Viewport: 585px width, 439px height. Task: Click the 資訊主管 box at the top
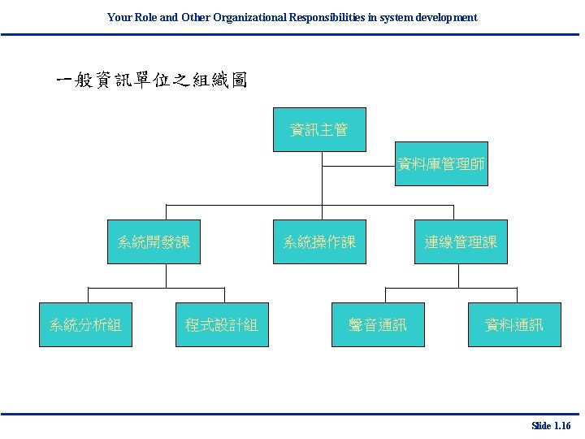(319, 129)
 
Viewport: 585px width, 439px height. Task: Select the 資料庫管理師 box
(442, 164)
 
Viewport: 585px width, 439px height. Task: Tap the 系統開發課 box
(154, 241)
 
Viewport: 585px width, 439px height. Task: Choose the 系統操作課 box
(319, 241)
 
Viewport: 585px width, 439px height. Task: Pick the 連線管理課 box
(461, 241)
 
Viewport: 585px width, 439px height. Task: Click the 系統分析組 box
(85, 325)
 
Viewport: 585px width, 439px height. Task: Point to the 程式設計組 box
(222, 325)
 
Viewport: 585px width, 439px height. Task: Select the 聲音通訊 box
(378, 325)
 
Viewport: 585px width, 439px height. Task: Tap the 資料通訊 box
(514, 325)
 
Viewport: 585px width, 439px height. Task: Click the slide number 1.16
(562, 426)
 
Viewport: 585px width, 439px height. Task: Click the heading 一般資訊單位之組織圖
(150, 80)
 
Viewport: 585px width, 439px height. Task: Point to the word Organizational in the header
(249, 17)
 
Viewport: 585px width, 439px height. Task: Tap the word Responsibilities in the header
(325, 17)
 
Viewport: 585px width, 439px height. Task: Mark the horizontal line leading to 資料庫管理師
(358, 167)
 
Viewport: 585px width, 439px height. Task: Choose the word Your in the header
(119, 17)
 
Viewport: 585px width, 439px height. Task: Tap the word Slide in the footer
(541, 426)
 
